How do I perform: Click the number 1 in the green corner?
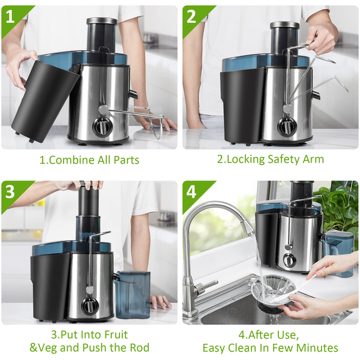(10, 17)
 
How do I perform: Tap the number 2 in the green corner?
(191, 17)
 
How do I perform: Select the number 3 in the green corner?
(10, 192)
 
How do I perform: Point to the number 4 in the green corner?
(191, 192)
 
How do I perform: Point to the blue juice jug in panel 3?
(133, 295)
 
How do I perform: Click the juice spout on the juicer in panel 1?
(133, 94)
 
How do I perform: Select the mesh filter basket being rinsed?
(273, 291)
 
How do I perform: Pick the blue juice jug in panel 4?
(337, 254)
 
